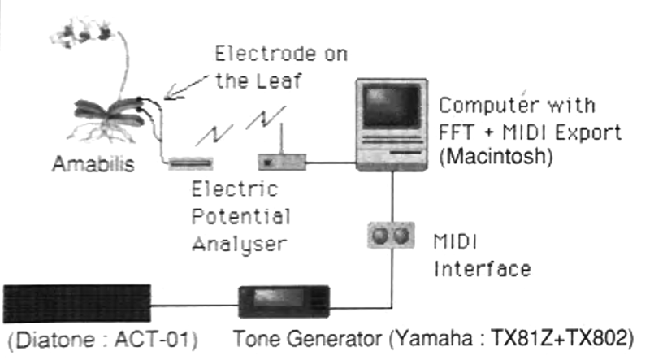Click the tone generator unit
[x=283, y=301]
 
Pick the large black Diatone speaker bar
[x=76, y=303]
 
